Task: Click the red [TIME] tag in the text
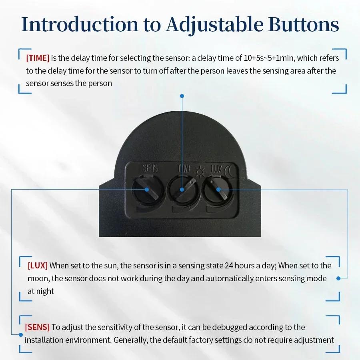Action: coord(38,58)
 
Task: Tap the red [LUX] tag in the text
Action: coord(38,266)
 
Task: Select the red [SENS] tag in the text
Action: coord(37,327)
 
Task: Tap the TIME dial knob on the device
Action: coord(182,191)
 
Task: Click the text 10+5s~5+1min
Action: coord(269,58)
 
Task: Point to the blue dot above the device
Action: coord(182,96)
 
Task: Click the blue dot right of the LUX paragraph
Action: coord(338,278)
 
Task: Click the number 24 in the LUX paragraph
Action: coord(228,266)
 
